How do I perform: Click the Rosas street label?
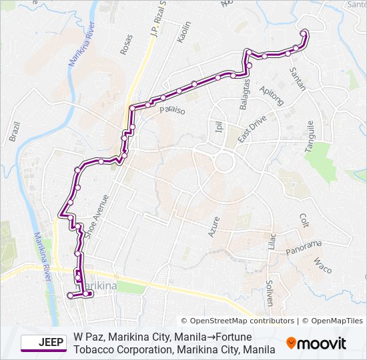click(125, 45)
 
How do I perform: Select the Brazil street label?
click(15, 132)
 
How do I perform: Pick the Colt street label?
click(304, 221)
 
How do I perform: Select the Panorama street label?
click(304, 247)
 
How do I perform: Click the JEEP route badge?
click(43, 343)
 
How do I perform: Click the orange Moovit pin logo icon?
click(292, 343)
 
